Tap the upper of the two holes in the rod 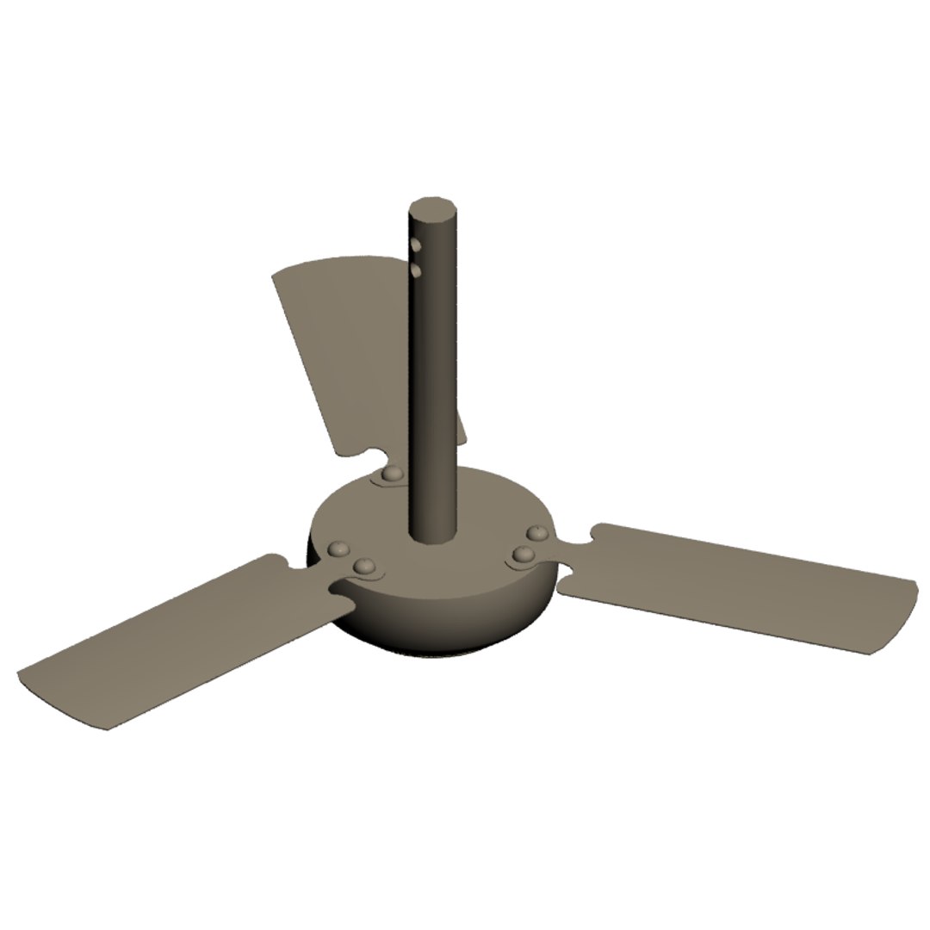[x=415, y=245]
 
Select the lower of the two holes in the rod [x=416, y=271]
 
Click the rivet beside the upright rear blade [x=393, y=474]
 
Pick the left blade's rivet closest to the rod [x=364, y=566]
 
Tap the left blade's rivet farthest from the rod [x=339, y=548]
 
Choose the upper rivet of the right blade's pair [x=537, y=534]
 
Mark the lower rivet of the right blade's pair [x=522, y=555]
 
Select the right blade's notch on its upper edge [x=591, y=535]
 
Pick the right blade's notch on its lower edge [x=568, y=580]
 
